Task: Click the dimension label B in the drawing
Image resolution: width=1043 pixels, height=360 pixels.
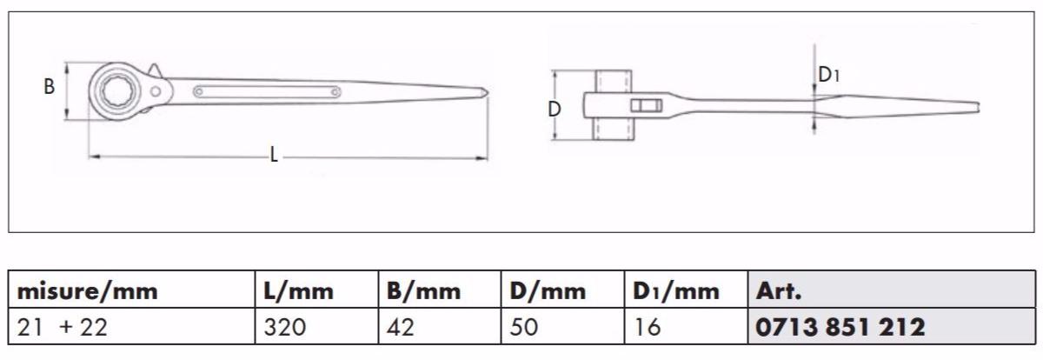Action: click(x=50, y=87)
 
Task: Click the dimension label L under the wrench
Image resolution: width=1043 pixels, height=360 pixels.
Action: click(x=274, y=156)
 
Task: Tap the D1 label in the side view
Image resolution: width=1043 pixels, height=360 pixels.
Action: click(x=829, y=76)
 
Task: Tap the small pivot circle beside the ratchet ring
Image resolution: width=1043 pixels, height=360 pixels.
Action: click(x=158, y=90)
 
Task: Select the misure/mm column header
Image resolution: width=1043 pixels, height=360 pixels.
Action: click(x=88, y=291)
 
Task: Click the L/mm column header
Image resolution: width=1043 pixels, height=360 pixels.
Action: click(x=298, y=291)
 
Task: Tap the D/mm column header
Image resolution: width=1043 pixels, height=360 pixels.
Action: click(x=544, y=291)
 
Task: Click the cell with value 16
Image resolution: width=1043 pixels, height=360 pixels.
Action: click(x=648, y=327)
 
